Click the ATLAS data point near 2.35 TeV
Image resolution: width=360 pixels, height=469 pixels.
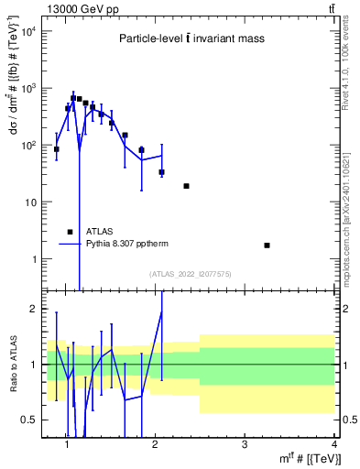pos(186,186)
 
